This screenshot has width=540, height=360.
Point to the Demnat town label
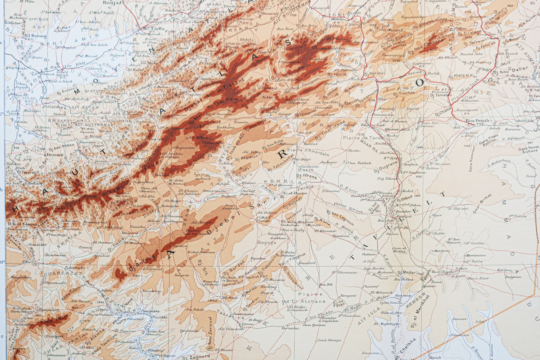click(56, 155)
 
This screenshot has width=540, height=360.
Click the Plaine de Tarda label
click(363, 138)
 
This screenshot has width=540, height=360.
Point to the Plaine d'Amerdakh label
click(308, 152)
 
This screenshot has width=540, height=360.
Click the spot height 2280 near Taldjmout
click(136, 276)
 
